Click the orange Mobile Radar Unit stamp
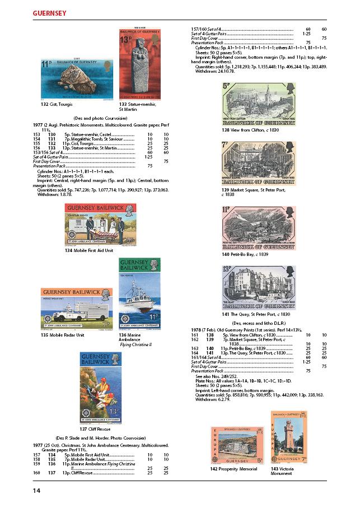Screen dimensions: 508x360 76,309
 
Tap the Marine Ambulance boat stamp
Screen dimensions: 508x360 139,294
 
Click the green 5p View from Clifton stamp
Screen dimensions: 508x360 259,105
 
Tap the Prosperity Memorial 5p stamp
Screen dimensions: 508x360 237,445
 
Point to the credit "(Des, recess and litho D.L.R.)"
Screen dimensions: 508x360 259,324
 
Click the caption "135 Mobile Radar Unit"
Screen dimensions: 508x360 62,335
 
